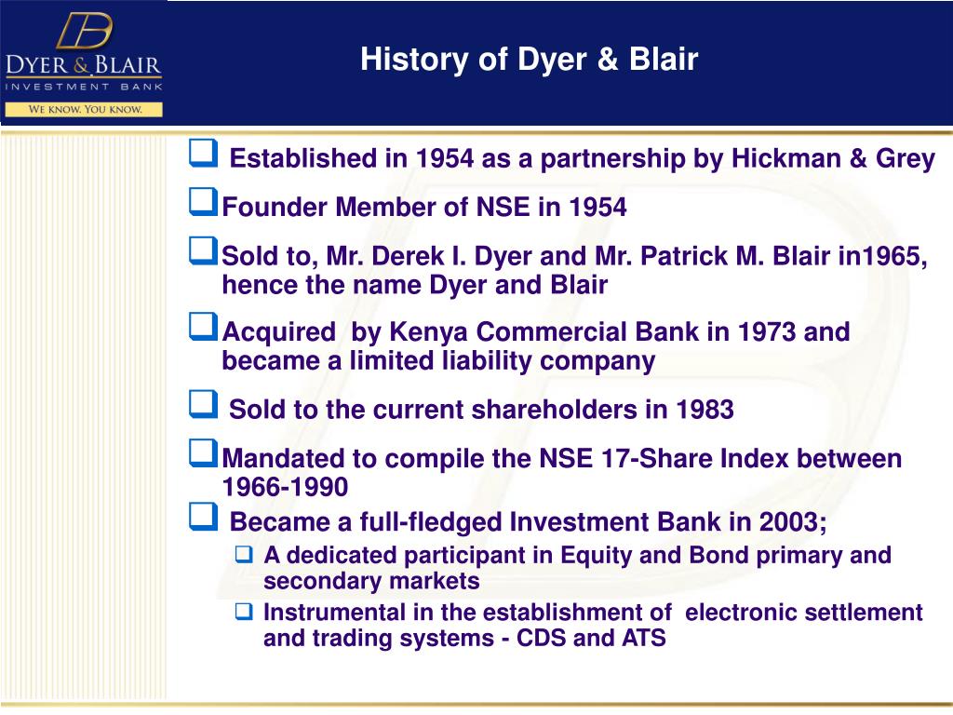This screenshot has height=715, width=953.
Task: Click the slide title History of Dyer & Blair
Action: pyautogui.click(x=529, y=61)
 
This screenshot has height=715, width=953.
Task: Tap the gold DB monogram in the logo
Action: pyautogui.click(x=84, y=32)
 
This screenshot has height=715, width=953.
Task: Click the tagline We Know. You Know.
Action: pyautogui.click(x=85, y=109)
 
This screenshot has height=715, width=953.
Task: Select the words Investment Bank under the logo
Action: pyautogui.click(x=84, y=87)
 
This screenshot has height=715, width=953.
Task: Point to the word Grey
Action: pyautogui.click(x=905, y=159)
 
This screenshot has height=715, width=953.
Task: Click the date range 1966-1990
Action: pyautogui.click(x=285, y=487)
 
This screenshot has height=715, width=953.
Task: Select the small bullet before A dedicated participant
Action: pyautogui.click(x=244, y=556)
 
